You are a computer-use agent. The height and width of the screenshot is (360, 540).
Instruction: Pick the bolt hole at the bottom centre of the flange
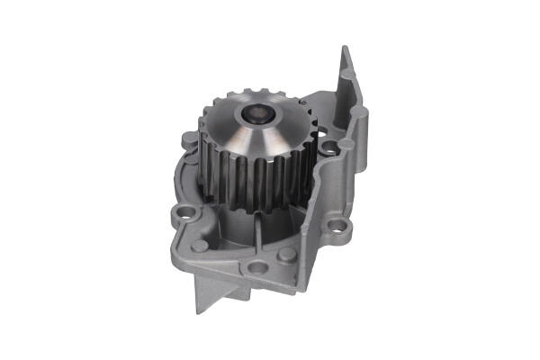(x=258, y=267)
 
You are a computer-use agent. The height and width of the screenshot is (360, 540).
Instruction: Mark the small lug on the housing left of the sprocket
(x=186, y=141)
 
